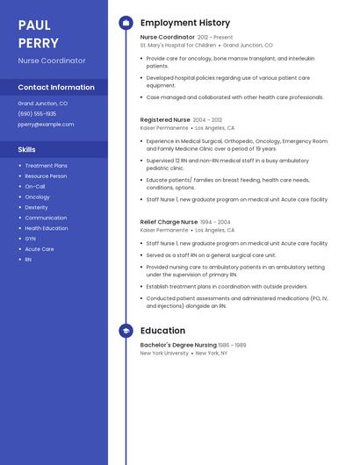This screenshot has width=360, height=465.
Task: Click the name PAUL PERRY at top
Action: [x=39, y=34]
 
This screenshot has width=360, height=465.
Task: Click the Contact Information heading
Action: [x=56, y=87]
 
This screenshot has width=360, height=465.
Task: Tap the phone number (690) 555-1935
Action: [x=37, y=114]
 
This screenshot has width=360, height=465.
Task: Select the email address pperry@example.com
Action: [x=46, y=125]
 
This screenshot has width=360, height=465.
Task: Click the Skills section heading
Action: [x=26, y=149]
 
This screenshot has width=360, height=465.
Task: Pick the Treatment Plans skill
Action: [x=46, y=166]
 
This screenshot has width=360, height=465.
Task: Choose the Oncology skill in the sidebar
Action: [x=37, y=197]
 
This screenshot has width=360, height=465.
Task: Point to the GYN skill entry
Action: [x=30, y=239]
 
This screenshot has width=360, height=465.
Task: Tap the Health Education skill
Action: [x=46, y=228]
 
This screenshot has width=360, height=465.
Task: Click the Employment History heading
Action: [x=185, y=23]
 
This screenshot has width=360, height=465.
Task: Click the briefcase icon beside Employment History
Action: [x=126, y=23]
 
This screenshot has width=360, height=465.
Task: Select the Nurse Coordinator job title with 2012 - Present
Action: [x=168, y=38]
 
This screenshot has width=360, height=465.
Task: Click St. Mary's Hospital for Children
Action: [x=177, y=46]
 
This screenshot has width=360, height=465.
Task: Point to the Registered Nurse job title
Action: [x=165, y=119]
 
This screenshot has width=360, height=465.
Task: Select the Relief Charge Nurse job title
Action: [x=169, y=223]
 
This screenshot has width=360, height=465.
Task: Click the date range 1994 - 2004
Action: [x=215, y=223]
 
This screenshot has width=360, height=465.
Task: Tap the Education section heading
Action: [x=162, y=331]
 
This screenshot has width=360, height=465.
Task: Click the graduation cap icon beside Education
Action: [x=126, y=331]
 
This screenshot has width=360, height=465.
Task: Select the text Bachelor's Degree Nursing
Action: [x=178, y=346]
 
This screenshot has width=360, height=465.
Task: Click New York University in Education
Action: [x=164, y=354]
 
